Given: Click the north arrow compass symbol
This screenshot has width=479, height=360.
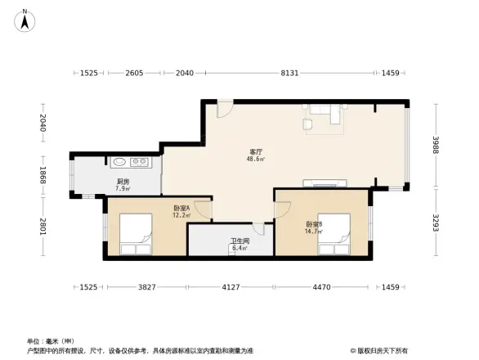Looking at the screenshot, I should pyautogui.click(x=25, y=20).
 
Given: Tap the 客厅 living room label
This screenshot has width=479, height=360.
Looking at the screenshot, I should pyautogui.click(x=256, y=152).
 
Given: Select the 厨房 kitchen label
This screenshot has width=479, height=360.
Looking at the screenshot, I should pyautogui.click(x=122, y=182).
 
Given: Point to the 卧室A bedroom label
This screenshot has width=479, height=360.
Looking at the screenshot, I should pyautogui.click(x=181, y=209).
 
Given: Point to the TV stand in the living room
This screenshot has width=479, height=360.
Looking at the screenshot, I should pyautogui.click(x=318, y=181).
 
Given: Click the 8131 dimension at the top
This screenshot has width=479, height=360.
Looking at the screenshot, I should pyautogui.click(x=289, y=74).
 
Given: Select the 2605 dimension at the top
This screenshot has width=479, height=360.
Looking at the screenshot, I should pyautogui.click(x=135, y=74).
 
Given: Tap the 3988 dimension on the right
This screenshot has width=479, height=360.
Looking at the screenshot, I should pyautogui.click(x=437, y=145).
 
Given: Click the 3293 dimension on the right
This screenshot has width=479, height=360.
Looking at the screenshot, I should pyautogui.click(x=437, y=222).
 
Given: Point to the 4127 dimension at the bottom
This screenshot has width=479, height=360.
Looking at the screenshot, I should pyautogui.click(x=231, y=287).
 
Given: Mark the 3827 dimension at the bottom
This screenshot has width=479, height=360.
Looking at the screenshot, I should pyautogui.click(x=145, y=287).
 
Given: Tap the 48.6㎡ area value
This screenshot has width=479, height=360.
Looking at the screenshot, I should pyautogui.click(x=256, y=160).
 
